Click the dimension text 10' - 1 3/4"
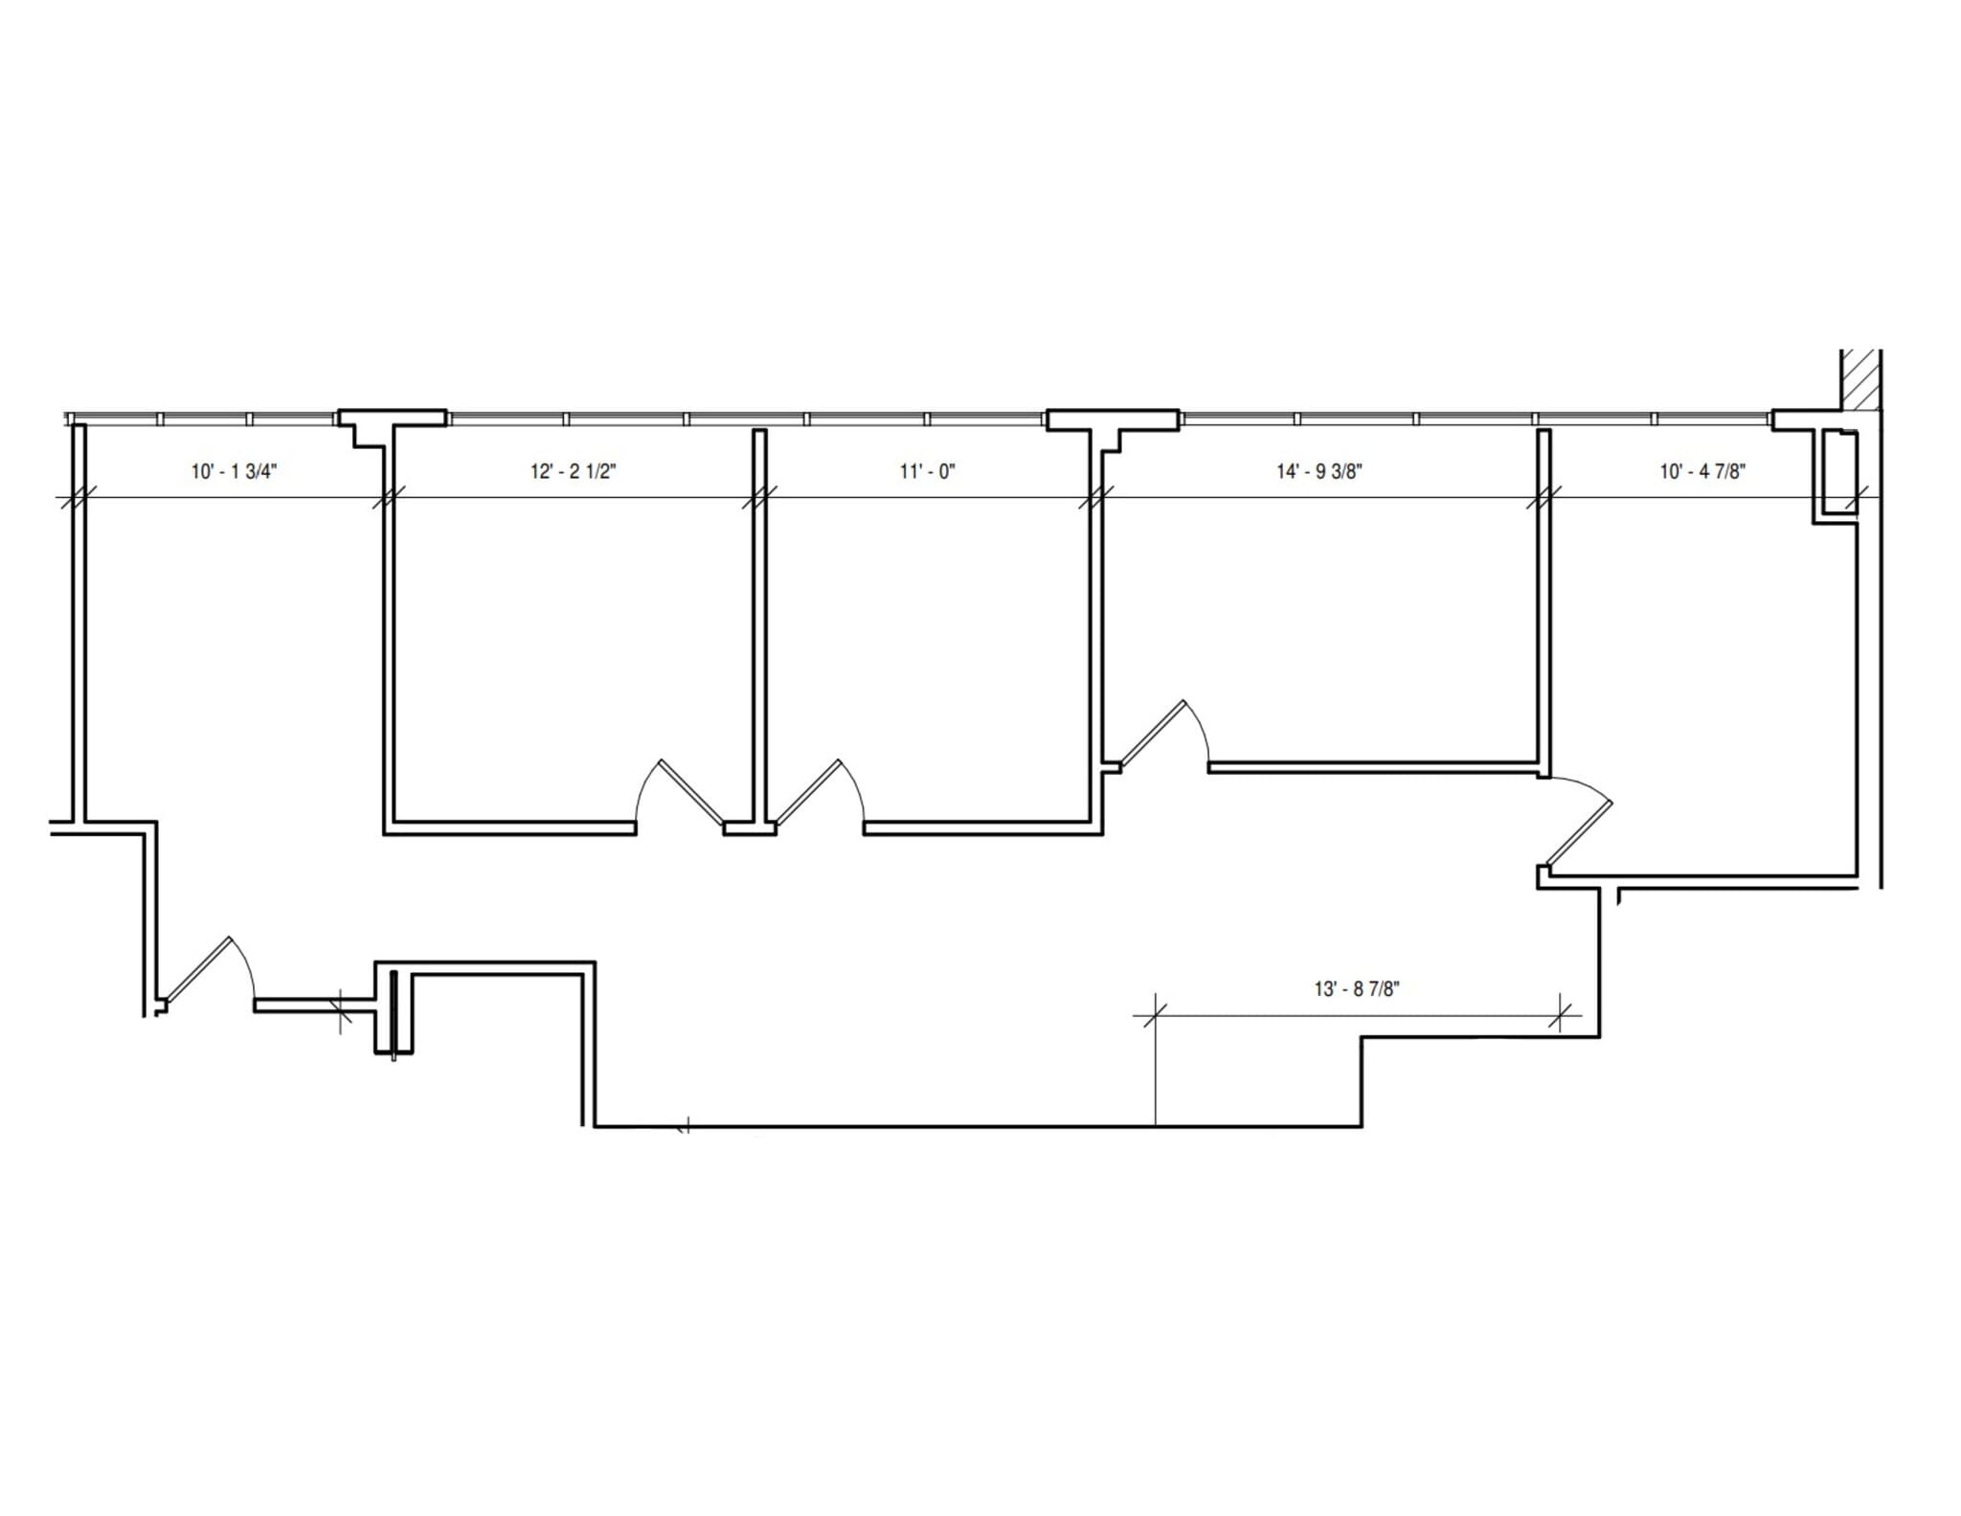coord(235,471)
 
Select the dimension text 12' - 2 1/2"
coord(574,471)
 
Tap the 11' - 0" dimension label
coord(927,471)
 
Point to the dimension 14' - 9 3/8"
coord(1319,471)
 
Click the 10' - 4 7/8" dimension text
coord(1702,471)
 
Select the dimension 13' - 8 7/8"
coord(1356,989)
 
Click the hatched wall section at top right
coord(1860,378)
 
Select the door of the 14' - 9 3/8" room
coord(1161,734)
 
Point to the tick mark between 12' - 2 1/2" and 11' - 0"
coord(759,497)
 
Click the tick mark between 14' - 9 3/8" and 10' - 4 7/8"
coord(1544,497)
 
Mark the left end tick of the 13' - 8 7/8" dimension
coord(1155,1015)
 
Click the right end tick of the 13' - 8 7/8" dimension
coord(1559,1015)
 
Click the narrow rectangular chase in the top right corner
coord(1839,474)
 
